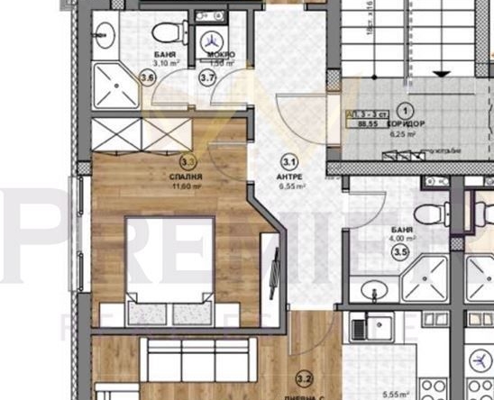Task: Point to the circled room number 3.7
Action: [207, 78]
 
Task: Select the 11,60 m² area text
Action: [189, 187]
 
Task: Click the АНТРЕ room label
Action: [290, 178]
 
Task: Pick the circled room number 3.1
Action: [290, 164]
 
